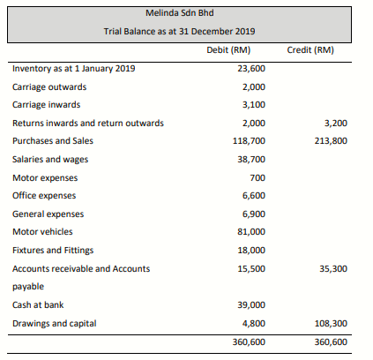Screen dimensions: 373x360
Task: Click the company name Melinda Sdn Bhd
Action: pos(180,13)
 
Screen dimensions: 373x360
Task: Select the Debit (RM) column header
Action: pos(228,50)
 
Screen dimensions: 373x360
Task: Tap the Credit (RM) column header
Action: pos(310,50)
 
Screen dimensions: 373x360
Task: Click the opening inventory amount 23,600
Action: pos(251,69)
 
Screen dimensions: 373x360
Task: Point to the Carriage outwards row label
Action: pos(49,87)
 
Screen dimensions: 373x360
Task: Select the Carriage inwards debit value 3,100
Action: pos(254,105)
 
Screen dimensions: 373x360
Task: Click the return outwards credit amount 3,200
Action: pos(336,123)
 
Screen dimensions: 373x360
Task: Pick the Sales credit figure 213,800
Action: pos(331,141)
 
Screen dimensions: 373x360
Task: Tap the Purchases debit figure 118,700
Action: pos(249,141)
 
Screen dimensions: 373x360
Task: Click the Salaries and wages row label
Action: pos(50,160)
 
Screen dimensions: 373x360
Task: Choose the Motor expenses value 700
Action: pos(257,177)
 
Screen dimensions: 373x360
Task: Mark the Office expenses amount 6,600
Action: pos(254,196)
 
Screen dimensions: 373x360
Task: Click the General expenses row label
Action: pos(48,214)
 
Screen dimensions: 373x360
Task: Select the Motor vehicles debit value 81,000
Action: pos(251,232)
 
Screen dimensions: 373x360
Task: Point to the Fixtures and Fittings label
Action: pos(53,251)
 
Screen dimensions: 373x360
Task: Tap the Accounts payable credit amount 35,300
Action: pos(333,269)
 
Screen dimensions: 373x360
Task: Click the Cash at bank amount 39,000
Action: pos(251,305)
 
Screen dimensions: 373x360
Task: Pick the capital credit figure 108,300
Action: pos(331,324)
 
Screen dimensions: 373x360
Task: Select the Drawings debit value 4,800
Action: pos(254,324)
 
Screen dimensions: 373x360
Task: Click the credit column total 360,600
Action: pos(331,342)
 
